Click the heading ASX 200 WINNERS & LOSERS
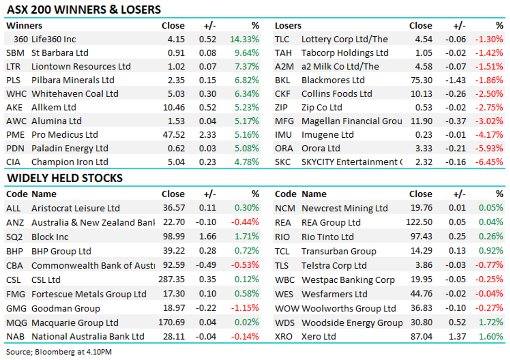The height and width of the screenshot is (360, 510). [x=84, y=9]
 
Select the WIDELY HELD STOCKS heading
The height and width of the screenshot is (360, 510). [x=65, y=178]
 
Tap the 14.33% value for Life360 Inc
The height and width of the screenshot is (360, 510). [x=247, y=40]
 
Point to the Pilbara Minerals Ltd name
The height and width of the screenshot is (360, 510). [x=73, y=80]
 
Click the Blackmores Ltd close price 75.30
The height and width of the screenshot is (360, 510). [x=421, y=80]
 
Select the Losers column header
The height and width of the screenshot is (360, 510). [x=288, y=26]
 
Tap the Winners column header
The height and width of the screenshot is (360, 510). [x=24, y=26]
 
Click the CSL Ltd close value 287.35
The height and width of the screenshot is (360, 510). [x=171, y=280]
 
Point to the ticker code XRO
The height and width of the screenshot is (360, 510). [x=283, y=337]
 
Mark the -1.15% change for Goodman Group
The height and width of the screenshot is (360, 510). [x=245, y=309]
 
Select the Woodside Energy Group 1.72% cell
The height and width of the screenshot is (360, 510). [x=491, y=323]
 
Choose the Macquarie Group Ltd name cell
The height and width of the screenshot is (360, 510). [x=75, y=323]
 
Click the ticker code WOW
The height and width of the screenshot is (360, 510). [x=287, y=309]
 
